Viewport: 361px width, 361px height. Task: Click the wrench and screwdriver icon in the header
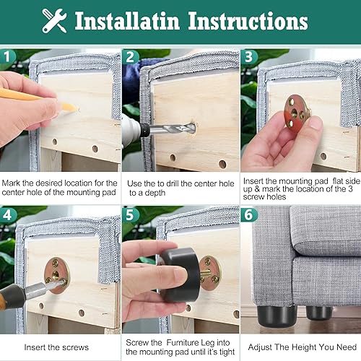(54, 21)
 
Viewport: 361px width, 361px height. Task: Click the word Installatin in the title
(129, 21)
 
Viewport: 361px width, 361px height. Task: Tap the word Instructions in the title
(248, 21)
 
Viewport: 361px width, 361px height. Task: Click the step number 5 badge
(131, 214)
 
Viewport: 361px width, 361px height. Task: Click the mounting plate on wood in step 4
(58, 274)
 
